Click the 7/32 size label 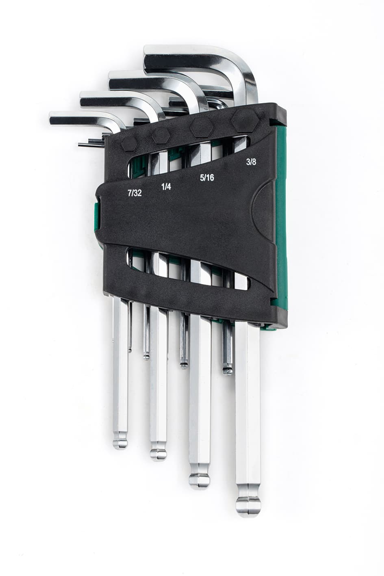click(x=135, y=193)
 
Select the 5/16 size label click(x=207, y=178)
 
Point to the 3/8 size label click(x=251, y=162)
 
